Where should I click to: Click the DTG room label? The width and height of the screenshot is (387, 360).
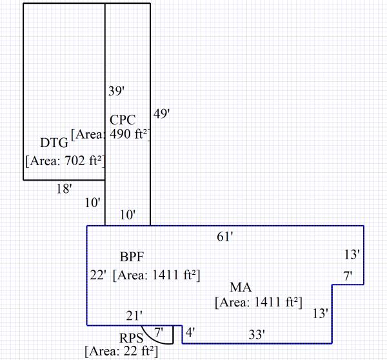pyautogui.click(x=54, y=143)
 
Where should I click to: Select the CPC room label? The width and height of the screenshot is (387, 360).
pyautogui.click(x=123, y=120)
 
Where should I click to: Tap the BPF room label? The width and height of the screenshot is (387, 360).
pyautogui.click(x=132, y=257)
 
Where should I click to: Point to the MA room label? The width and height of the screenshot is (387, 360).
pyautogui.click(x=241, y=287)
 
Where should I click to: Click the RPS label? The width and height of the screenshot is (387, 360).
pyautogui.click(x=131, y=339)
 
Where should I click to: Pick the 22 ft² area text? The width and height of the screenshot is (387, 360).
pyautogui.click(x=121, y=352)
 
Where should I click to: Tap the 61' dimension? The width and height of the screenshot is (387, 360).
pyautogui.click(x=224, y=237)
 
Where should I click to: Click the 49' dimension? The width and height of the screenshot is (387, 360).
pyautogui.click(x=161, y=114)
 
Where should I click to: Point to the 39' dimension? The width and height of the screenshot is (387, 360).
pyautogui.click(x=115, y=92)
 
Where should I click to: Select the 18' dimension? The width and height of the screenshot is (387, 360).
pyautogui.click(x=63, y=188)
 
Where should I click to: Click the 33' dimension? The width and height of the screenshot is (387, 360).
pyautogui.click(x=257, y=334)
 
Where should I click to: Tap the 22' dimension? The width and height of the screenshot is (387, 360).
pyautogui.click(x=98, y=275)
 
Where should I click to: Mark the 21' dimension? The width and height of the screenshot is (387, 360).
pyautogui.click(x=134, y=315)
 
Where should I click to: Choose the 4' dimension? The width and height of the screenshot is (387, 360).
pyautogui.click(x=190, y=334)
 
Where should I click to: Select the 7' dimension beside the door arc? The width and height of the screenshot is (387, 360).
pyautogui.click(x=159, y=332)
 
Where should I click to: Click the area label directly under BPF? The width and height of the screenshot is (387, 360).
pyautogui.click(x=156, y=275)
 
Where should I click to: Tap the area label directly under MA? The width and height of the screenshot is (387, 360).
pyautogui.click(x=258, y=301)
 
